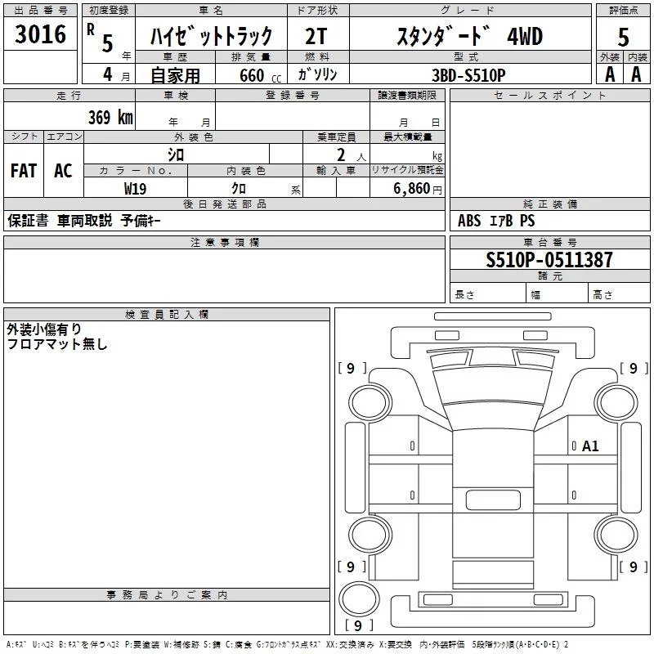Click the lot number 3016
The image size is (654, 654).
click(x=40, y=34)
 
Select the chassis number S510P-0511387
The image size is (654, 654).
click(x=549, y=259)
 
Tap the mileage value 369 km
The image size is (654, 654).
click(x=110, y=117)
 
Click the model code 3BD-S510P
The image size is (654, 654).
click(x=468, y=75)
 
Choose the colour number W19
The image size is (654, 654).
click(x=135, y=189)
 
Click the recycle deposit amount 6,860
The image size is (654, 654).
click(x=412, y=188)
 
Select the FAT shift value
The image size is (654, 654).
click(x=24, y=171)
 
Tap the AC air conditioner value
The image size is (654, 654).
click(x=64, y=171)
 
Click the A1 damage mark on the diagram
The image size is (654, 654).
click(x=590, y=446)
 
